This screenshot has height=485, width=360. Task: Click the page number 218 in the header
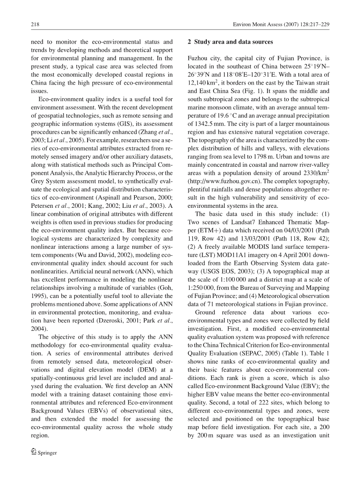[x=35, y=25]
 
